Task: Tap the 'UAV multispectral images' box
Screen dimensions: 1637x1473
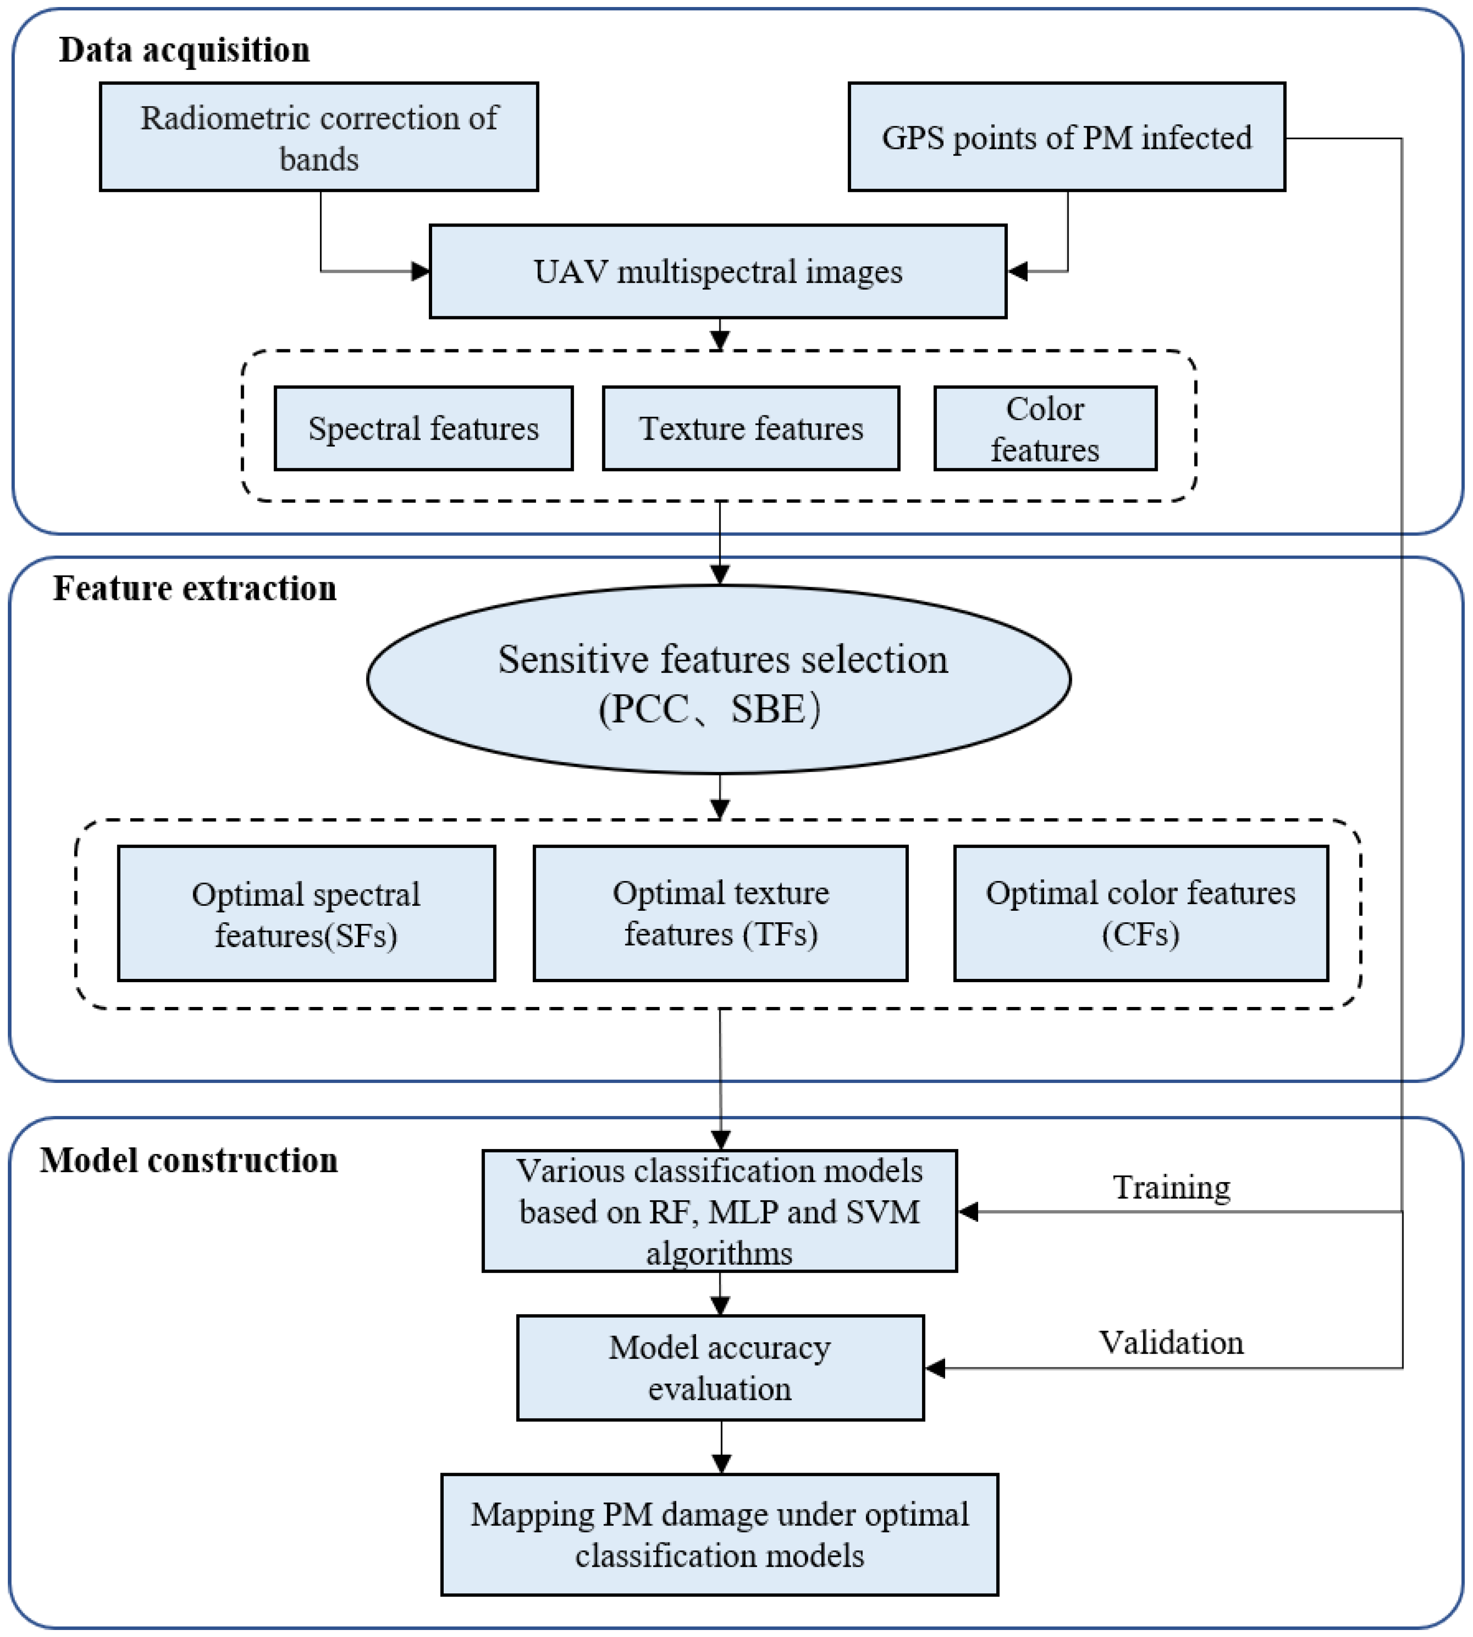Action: click(x=718, y=271)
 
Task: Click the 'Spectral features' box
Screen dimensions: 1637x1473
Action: click(x=423, y=428)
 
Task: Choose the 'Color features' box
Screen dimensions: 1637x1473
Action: click(x=1045, y=428)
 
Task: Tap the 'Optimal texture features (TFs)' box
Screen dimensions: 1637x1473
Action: click(x=720, y=913)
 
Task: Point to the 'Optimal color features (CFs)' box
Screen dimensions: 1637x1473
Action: click(x=1140, y=913)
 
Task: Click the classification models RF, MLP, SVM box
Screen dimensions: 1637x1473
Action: click(x=719, y=1211)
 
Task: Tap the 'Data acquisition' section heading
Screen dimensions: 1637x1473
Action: click(x=184, y=50)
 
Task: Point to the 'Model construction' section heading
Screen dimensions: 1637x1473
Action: click(x=189, y=1160)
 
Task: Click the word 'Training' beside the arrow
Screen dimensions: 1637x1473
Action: click(x=1171, y=1188)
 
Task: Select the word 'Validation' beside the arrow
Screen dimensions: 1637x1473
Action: click(x=1170, y=1342)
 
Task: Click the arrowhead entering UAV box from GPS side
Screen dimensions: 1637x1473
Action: click(x=1017, y=271)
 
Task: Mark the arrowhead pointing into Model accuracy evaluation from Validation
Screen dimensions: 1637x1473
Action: click(x=935, y=1368)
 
